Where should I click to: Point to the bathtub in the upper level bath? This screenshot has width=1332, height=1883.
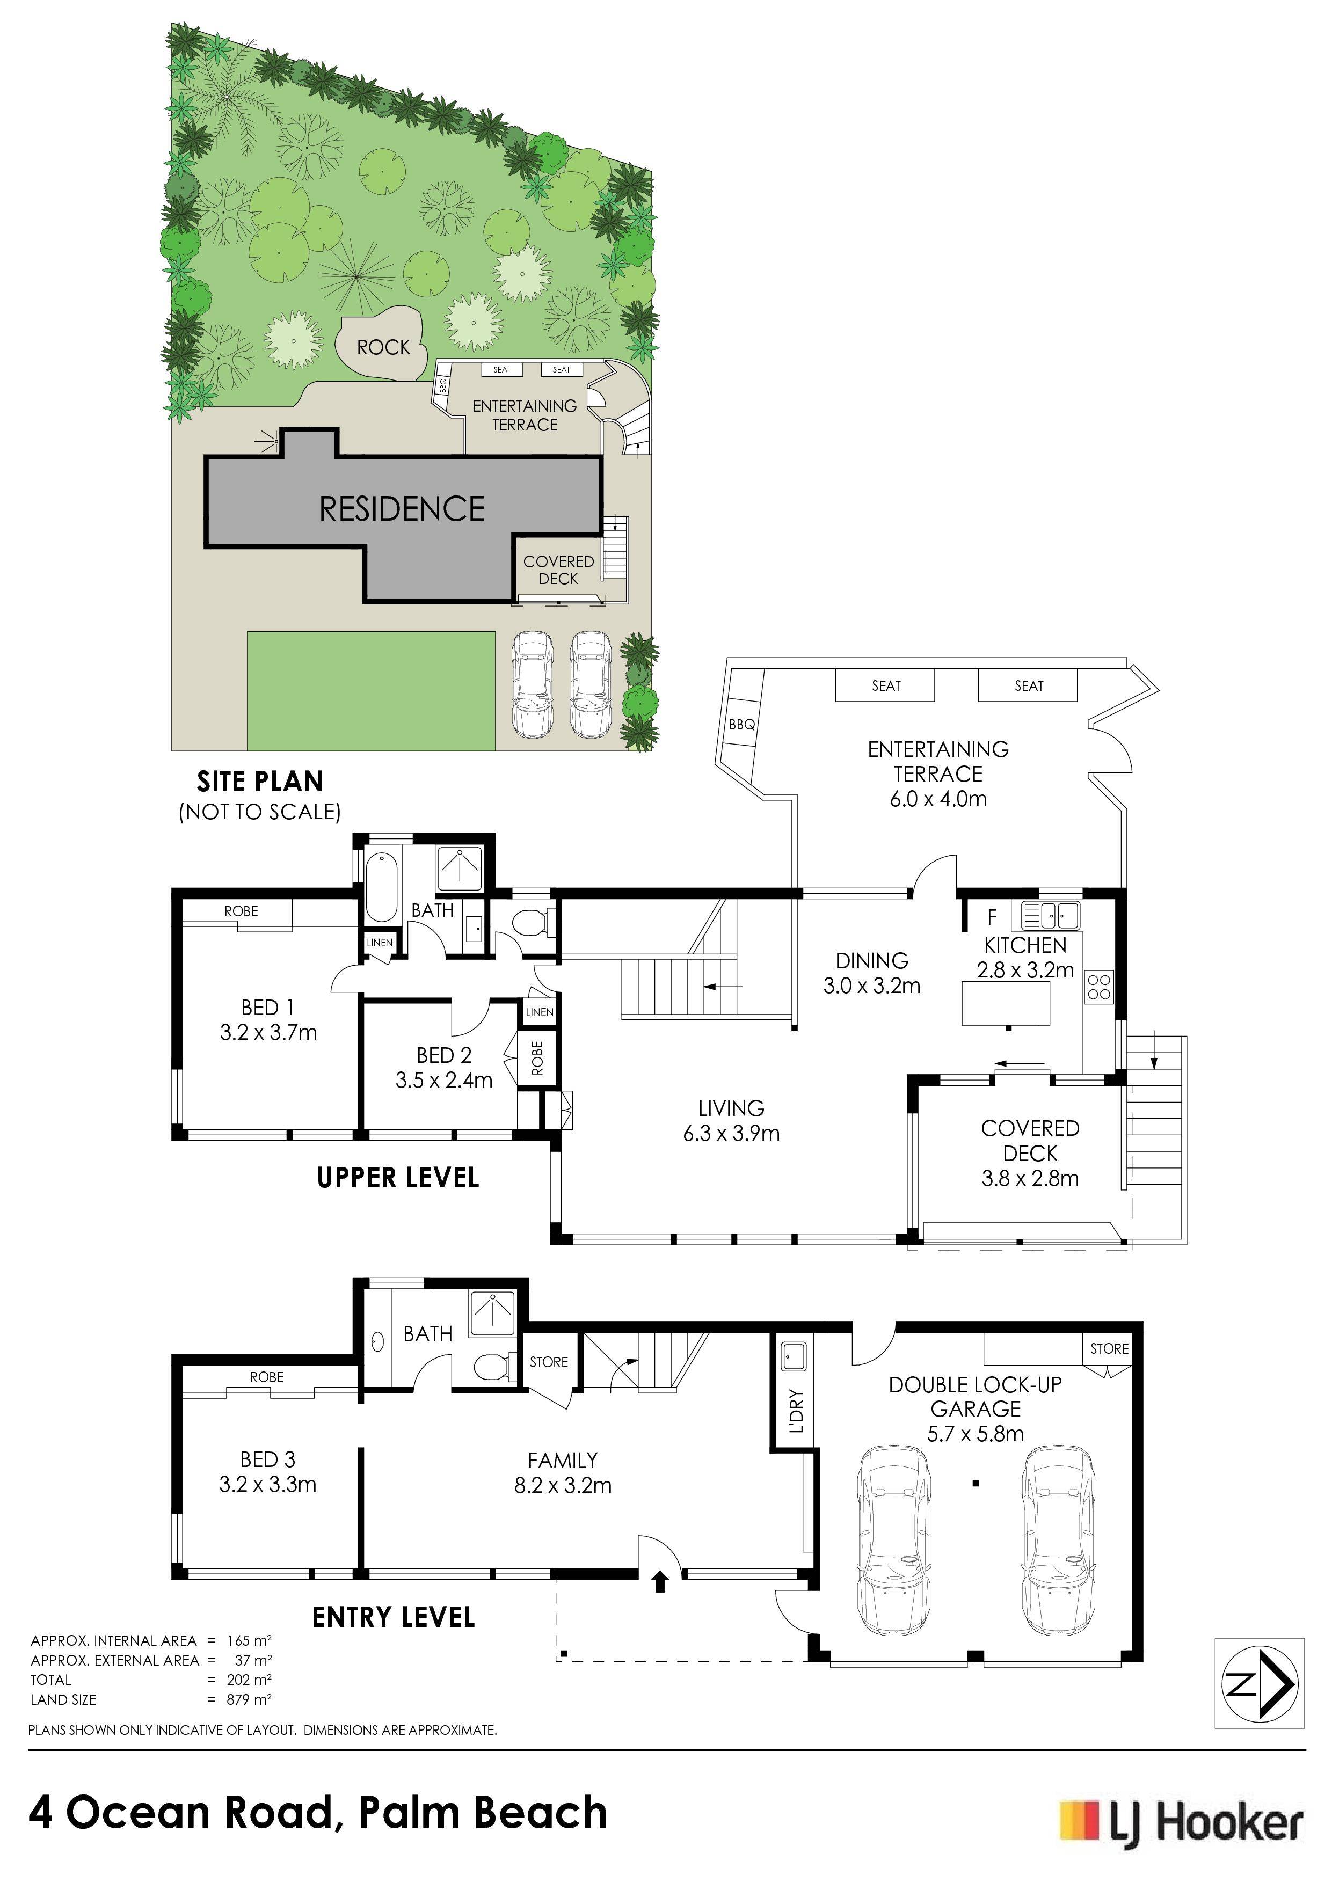381,887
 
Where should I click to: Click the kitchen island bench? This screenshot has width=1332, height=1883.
1006,1003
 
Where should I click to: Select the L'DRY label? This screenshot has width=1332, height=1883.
796,1411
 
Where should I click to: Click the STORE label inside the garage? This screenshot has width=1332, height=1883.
1109,1348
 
